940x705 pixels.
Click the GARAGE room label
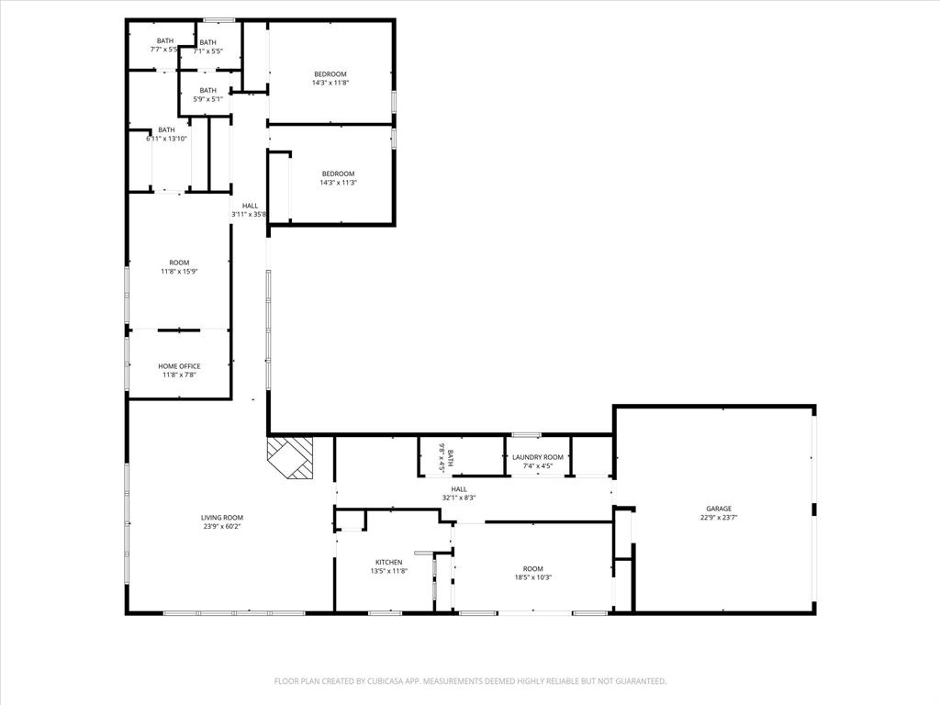click(719, 509)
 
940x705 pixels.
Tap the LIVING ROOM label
click(222, 518)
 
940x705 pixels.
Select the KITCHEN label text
click(388, 562)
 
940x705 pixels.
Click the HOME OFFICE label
click(179, 366)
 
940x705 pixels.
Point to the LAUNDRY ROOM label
click(538, 457)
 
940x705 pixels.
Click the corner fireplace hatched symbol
click(291, 456)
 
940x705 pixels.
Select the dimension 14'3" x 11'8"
click(330, 83)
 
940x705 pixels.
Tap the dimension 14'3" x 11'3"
click(337, 183)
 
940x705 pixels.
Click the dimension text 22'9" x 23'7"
click(719, 518)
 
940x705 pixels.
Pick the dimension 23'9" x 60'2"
click(222, 527)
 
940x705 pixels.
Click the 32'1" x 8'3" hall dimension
click(459, 498)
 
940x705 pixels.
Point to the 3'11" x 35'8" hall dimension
click(249, 215)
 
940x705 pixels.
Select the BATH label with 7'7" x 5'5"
click(165, 40)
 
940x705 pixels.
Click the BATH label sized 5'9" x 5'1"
click(208, 90)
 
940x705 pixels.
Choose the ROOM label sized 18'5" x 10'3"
click(533, 568)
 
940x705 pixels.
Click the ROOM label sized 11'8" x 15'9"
click(179, 263)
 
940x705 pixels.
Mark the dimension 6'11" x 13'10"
click(166, 139)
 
